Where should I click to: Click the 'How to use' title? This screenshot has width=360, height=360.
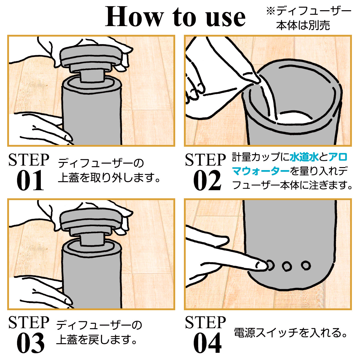[175, 17]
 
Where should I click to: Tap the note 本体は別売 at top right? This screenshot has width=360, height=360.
[303, 25]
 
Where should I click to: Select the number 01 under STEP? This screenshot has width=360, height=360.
[30, 180]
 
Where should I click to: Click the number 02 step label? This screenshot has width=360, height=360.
[207, 180]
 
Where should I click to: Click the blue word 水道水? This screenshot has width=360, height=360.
[304, 157]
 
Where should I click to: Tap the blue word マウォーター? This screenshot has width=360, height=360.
[261, 171]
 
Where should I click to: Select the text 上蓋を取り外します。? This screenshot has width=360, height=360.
[109, 178]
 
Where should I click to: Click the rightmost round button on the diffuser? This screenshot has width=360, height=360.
[306, 265]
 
